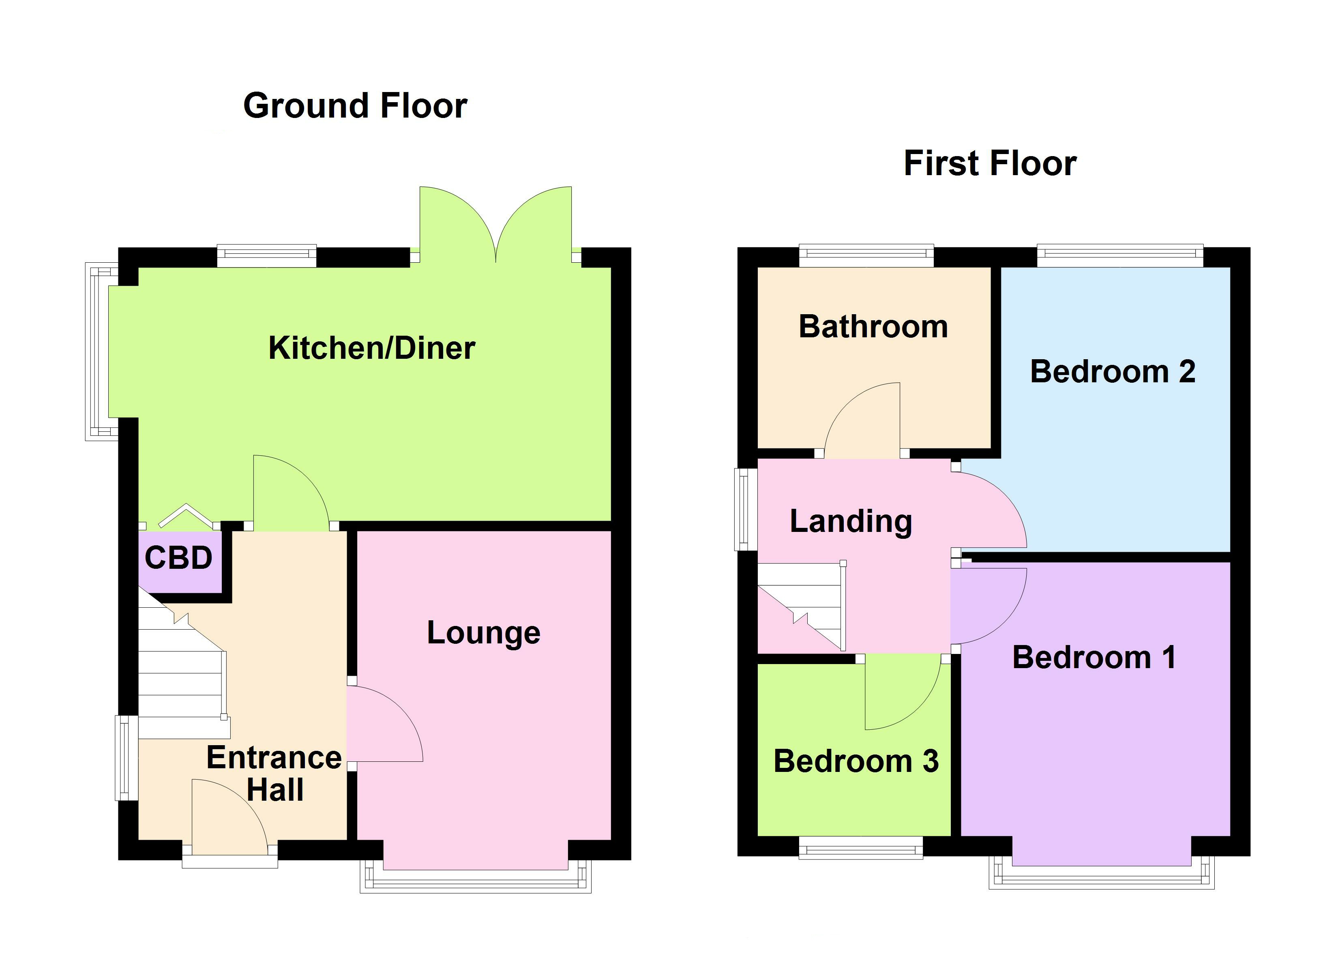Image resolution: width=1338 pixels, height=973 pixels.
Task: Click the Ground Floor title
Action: (355, 106)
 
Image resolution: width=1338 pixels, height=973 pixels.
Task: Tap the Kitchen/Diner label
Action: (372, 348)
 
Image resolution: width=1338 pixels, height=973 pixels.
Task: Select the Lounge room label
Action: (483, 633)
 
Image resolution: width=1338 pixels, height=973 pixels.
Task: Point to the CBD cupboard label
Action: (178, 558)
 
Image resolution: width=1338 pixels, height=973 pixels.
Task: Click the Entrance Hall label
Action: (274, 774)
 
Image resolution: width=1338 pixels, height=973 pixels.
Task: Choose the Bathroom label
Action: (873, 327)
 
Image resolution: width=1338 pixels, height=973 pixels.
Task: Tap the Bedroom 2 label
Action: (1113, 372)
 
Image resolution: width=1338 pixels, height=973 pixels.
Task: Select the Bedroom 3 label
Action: (856, 761)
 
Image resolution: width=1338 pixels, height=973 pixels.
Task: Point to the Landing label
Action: (851, 522)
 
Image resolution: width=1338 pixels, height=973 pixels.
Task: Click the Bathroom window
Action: (866, 255)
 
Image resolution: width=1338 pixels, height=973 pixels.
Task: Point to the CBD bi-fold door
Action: (185, 514)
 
